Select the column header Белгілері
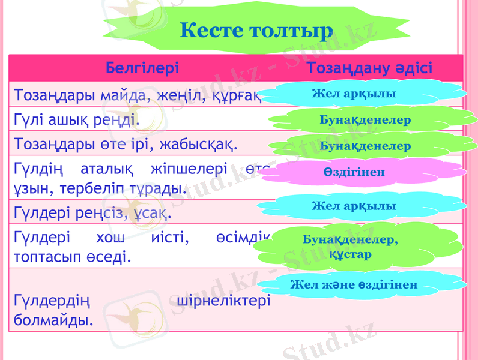[142, 67]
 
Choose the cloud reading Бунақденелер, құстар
[351, 247]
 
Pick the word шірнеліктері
[224, 300]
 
